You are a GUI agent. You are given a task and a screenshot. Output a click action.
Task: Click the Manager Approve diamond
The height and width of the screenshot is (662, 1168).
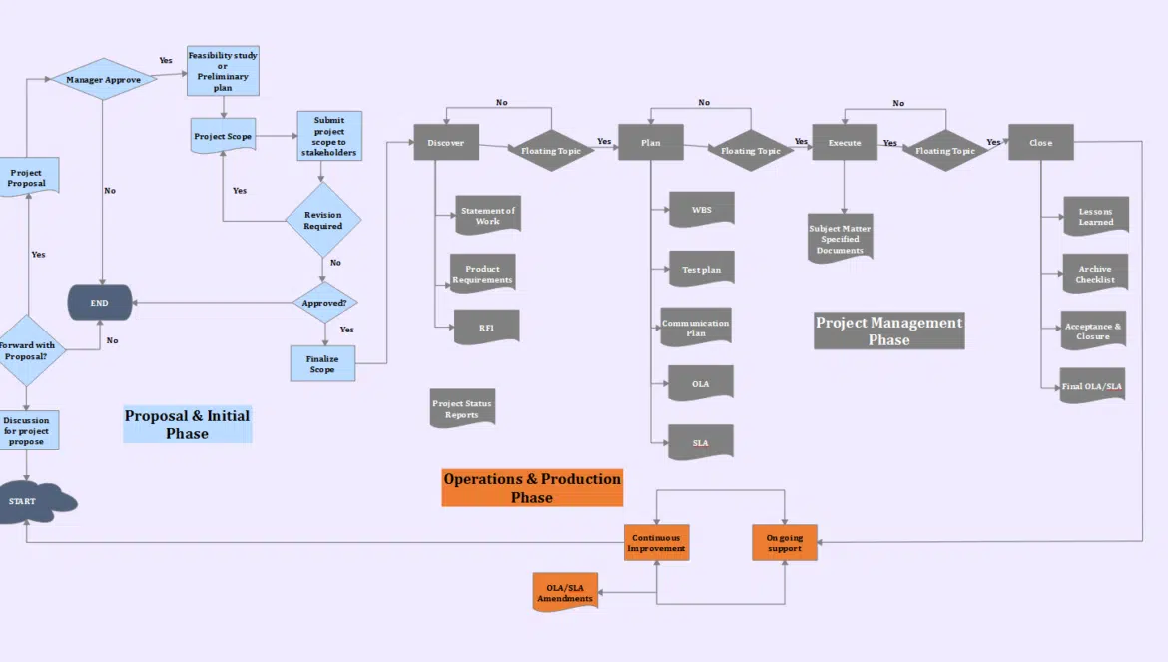click(103, 79)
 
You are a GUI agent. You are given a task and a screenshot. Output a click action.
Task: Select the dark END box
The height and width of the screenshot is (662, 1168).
click(100, 303)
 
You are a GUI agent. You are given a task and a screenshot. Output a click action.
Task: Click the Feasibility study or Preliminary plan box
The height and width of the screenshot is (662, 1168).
click(223, 70)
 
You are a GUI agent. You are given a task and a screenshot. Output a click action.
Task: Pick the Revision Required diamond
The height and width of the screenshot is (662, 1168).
click(323, 220)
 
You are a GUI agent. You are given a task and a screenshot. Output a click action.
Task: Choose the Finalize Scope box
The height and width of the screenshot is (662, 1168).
click(322, 363)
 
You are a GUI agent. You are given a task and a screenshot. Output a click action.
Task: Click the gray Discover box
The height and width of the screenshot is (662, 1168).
click(446, 142)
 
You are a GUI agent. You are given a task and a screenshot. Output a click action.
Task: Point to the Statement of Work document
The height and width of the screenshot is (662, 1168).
click(488, 215)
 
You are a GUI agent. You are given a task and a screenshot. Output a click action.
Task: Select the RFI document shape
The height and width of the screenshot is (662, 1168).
click(486, 327)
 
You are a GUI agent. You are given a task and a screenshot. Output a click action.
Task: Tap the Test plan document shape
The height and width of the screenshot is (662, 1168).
click(701, 269)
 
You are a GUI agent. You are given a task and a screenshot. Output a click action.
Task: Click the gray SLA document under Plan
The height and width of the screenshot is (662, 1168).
click(701, 442)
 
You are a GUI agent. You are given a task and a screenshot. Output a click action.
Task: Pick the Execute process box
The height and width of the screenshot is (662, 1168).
click(845, 142)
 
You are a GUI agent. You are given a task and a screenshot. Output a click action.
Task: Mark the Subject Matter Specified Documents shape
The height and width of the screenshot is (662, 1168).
click(840, 239)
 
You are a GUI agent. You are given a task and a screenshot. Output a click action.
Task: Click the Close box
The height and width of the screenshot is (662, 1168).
click(1040, 142)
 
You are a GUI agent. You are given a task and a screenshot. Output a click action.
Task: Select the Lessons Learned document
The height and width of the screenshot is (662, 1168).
click(1095, 216)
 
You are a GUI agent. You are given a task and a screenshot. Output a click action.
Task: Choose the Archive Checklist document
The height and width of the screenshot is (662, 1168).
click(1095, 274)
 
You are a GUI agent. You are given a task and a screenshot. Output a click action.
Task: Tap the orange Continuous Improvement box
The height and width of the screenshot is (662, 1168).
click(656, 542)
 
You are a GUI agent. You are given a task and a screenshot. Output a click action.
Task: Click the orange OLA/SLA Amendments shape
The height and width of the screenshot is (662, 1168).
click(565, 592)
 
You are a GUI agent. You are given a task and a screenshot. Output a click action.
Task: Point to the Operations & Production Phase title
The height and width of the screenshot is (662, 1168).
click(532, 488)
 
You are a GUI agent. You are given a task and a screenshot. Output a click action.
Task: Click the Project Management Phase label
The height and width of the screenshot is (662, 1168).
click(888, 331)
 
